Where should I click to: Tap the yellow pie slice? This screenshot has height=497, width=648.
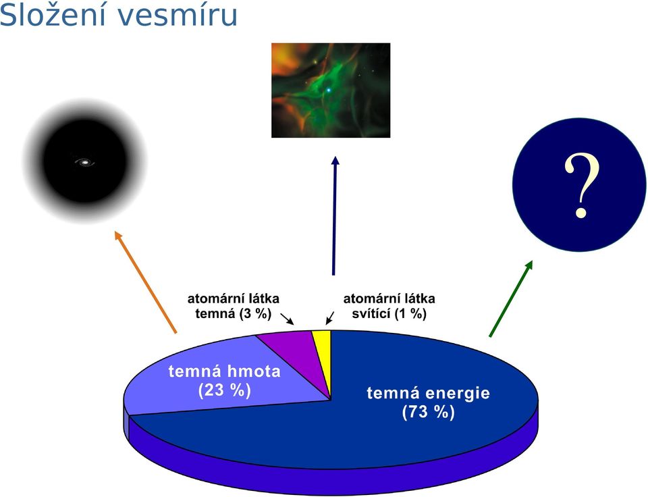coord(323,356)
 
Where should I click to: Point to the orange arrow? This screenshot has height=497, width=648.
coord(146,282)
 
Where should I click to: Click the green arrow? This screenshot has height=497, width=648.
coord(511,298)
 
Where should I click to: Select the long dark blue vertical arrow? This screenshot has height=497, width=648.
coord(334,215)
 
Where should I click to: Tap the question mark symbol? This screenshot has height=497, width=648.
coord(581,185)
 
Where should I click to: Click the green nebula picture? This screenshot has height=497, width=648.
coord(331,90)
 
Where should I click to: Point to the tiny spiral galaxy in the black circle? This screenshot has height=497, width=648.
coord(85,163)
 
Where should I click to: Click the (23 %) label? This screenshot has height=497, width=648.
coord(224,390)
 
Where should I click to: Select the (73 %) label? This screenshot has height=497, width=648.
coord(428,412)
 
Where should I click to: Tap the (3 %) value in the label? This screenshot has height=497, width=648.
coord(255,314)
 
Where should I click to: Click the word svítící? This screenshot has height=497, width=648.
coord(371,314)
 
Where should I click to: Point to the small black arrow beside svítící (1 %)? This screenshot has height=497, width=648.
coord(330,318)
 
